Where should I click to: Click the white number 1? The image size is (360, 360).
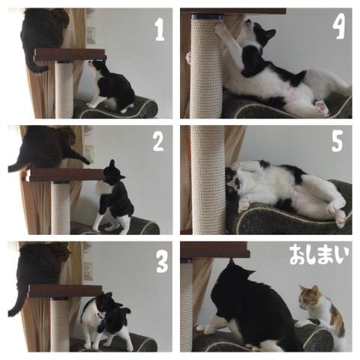[x=160, y=30]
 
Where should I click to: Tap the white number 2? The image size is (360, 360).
[x=159, y=141]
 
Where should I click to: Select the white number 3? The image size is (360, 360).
[x=162, y=261]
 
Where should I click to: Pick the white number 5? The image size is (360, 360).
[x=337, y=141]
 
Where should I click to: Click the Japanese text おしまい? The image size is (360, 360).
[x=319, y=255]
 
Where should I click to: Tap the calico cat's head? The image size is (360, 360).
[x=310, y=297]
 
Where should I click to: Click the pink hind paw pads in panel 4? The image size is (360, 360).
[x=322, y=106]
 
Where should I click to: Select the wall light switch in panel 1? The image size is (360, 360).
[x=91, y=35]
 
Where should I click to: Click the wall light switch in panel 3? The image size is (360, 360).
[x=88, y=271]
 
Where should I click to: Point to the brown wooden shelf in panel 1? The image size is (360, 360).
[x=70, y=55]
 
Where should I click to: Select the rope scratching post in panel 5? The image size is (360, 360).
[x=208, y=179]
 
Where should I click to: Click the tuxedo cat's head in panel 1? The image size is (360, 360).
[x=97, y=65]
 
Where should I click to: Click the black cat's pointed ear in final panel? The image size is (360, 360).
[x=232, y=264]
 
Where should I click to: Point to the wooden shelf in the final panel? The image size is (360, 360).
[x=215, y=250]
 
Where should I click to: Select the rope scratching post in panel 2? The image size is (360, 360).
[x=61, y=208]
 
